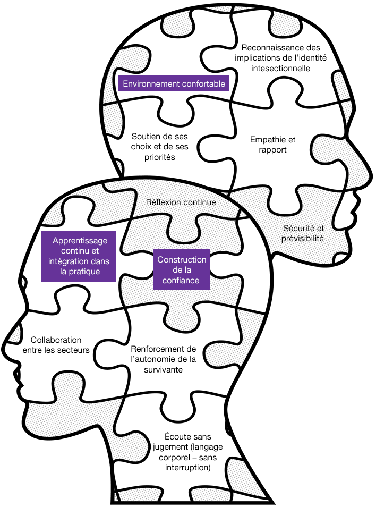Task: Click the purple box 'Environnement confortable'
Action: click(174, 83)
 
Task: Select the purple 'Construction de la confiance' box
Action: click(182, 269)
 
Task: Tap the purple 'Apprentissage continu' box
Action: click(79, 257)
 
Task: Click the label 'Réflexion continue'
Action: click(181, 202)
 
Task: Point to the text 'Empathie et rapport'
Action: click(272, 145)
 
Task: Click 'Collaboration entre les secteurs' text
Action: click(56, 344)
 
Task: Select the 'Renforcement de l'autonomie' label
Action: click(163, 359)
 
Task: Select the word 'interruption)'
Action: click(189, 468)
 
